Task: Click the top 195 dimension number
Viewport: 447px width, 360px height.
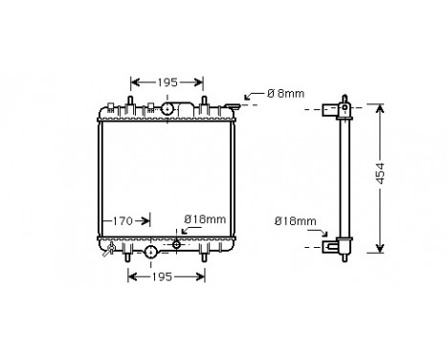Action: pos(167,82)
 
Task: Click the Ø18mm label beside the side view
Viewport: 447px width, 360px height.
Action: pos(294,221)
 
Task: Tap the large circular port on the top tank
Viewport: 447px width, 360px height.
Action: pos(167,111)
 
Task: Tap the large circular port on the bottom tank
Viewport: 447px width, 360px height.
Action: pos(151,253)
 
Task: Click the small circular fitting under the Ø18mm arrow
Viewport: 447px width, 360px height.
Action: pos(177,245)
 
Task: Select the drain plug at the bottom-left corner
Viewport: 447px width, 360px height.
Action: pos(111,252)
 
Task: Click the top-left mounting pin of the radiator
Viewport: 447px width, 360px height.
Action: pos(126,101)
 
